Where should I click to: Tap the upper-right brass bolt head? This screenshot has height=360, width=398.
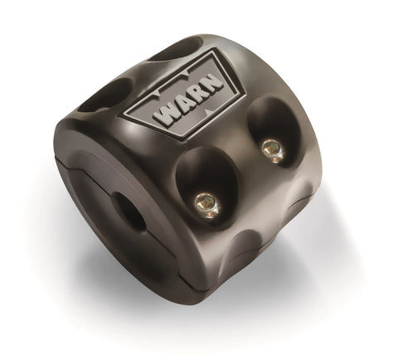[271, 148]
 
